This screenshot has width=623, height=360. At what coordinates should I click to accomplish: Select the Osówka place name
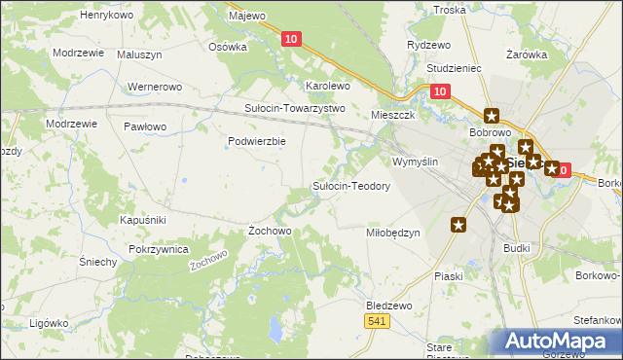tap(229, 46)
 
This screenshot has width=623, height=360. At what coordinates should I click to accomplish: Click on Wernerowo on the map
tap(155, 88)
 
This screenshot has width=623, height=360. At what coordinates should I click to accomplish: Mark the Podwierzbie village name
tap(256, 141)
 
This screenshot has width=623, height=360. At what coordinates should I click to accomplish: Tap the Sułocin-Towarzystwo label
tap(295, 108)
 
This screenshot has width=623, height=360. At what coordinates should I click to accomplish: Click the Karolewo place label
tap(328, 86)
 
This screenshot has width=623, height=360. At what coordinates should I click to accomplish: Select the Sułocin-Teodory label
tap(350, 185)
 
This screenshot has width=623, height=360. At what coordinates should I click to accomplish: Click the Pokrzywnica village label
tap(158, 250)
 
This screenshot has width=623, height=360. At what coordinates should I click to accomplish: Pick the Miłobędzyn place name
tap(392, 233)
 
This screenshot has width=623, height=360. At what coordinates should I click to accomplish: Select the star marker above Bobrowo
tap(491, 115)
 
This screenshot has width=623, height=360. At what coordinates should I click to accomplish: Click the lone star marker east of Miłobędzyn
tap(458, 225)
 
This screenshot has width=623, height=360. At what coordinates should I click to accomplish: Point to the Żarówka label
tap(527, 55)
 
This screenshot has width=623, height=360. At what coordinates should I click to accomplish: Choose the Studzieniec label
tap(455, 70)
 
